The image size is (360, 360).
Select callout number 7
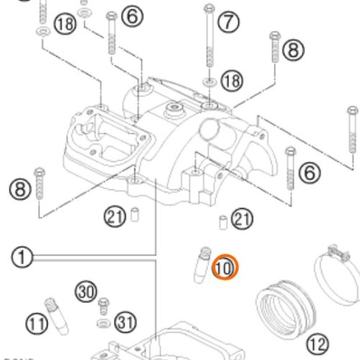click(x=228, y=22)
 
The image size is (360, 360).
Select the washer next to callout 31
click(x=103, y=319)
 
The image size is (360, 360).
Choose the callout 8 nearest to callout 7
click(x=292, y=50)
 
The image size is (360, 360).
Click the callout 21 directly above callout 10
click(x=242, y=219)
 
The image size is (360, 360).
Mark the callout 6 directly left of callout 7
click(x=132, y=16)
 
